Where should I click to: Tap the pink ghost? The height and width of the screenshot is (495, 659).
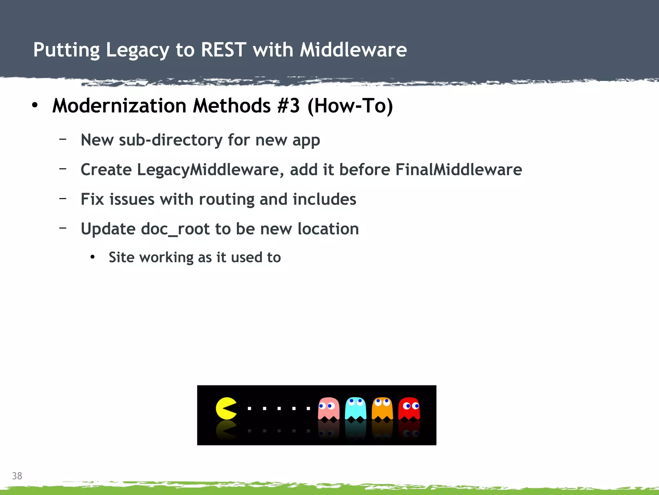(x=329, y=409)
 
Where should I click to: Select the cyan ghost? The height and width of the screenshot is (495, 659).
(x=355, y=409)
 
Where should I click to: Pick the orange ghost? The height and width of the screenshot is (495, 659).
(x=382, y=409)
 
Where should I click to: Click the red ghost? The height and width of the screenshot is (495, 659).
(x=409, y=409)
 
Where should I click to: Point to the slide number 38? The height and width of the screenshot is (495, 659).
(x=17, y=476)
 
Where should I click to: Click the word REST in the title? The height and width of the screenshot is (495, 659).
(x=224, y=50)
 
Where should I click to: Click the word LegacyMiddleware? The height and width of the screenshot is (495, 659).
(x=208, y=170)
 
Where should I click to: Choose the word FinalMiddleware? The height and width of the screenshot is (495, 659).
(x=459, y=170)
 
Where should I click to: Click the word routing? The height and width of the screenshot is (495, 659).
(x=227, y=199)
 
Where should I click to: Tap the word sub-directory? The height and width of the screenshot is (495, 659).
(x=171, y=140)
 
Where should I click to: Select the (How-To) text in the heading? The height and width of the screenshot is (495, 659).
(x=350, y=106)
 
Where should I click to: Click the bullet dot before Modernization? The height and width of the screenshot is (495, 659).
(x=35, y=105)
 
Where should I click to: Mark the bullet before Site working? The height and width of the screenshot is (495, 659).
(x=93, y=257)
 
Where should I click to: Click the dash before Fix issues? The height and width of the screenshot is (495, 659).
(x=63, y=198)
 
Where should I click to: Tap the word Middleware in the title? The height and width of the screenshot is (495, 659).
(x=353, y=50)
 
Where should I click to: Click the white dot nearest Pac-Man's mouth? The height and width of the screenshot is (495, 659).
(x=249, y=408)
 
